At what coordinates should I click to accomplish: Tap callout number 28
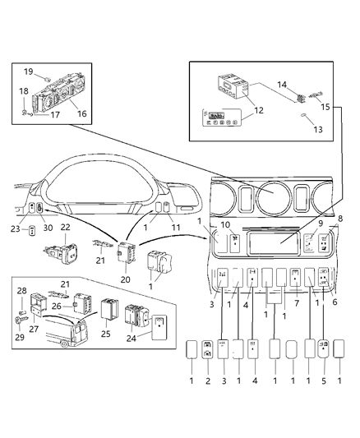click(23, 291)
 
